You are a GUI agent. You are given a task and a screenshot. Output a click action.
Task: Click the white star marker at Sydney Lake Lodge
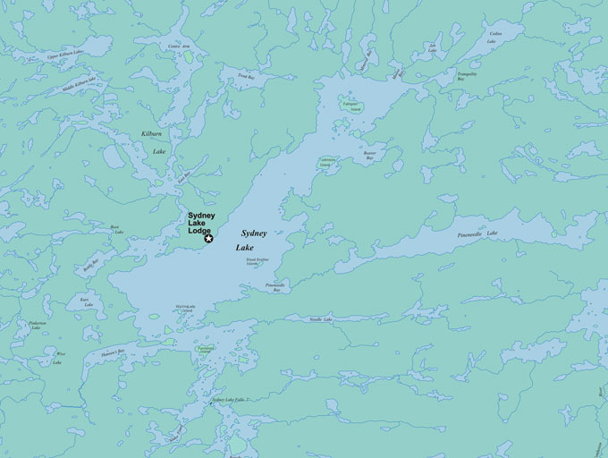click(x=209, y=238)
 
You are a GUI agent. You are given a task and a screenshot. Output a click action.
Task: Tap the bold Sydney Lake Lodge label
click(x=200, y=224)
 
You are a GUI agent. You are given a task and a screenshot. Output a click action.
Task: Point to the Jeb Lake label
click(x=433, y=47)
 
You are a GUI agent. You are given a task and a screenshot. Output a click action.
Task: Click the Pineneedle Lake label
click(x=478, y=235)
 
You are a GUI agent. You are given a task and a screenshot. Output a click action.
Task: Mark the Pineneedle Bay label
click(x=275, y=288)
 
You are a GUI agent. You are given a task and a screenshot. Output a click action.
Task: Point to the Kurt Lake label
click(x=87, y=301)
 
